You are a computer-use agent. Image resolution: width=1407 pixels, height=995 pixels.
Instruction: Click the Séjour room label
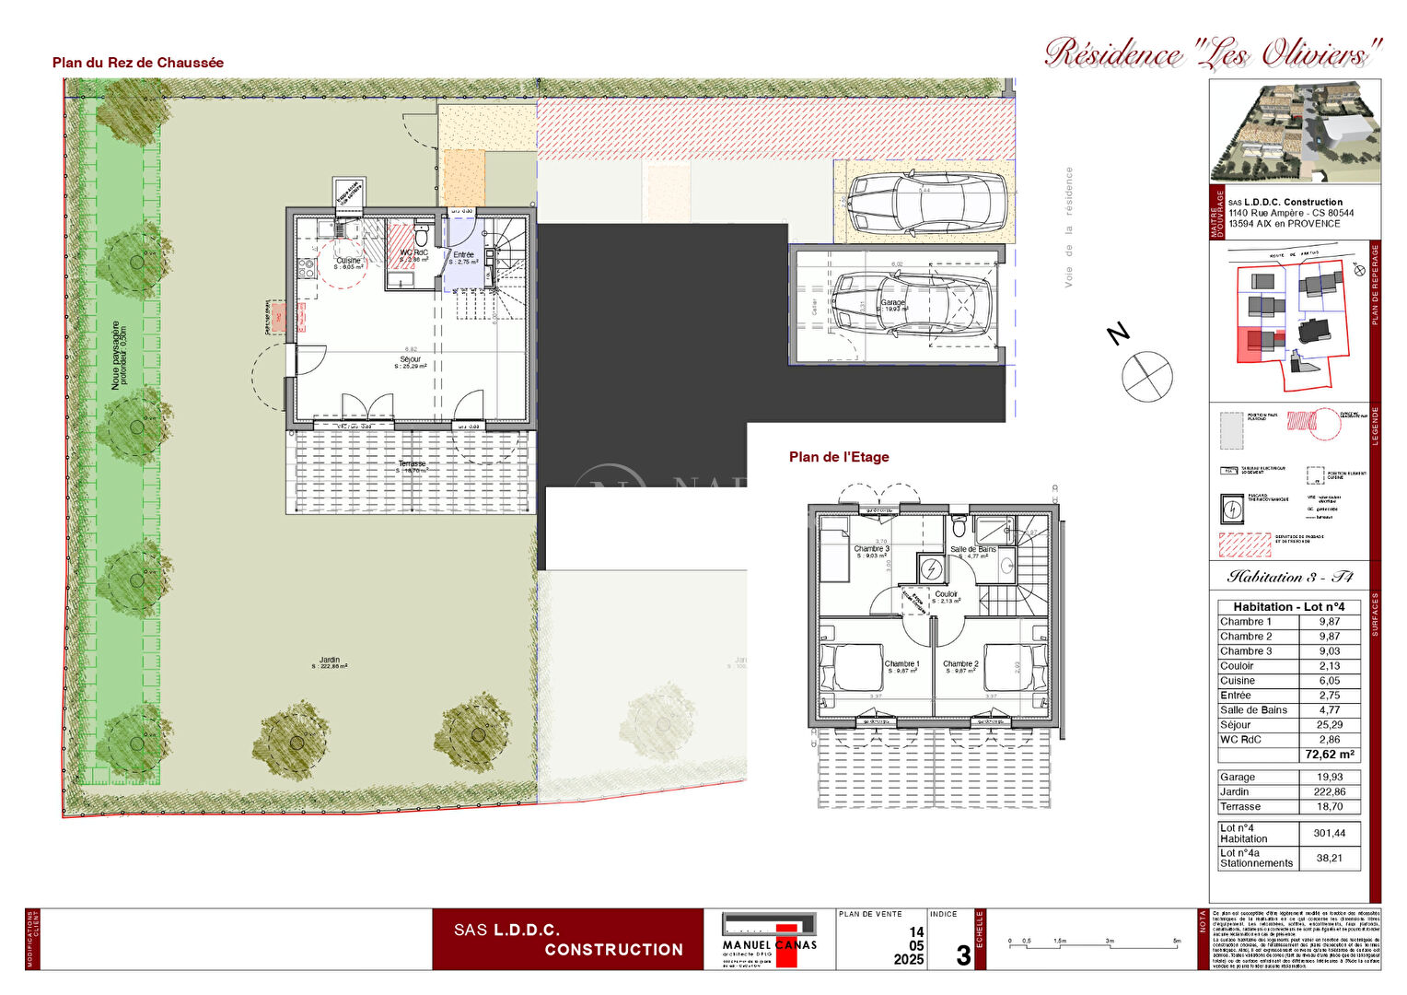411,360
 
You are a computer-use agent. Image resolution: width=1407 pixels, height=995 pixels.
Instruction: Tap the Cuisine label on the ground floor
348,262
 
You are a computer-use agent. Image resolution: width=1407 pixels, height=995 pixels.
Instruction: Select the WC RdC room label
413,253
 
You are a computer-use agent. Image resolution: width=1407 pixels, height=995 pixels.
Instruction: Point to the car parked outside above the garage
925,204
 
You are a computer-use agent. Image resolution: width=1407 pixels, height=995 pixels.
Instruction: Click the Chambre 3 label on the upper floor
871,550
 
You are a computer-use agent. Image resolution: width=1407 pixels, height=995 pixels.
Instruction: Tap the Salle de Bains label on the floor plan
973,550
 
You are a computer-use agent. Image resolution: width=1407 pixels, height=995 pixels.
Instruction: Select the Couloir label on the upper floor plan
947,595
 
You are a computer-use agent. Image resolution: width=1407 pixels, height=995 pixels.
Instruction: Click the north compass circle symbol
1147,376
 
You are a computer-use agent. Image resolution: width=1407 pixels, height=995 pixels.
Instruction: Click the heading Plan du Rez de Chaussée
138,63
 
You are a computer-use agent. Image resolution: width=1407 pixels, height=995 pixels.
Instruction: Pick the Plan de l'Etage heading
839,457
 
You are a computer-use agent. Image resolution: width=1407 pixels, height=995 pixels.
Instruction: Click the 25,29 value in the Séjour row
1329,725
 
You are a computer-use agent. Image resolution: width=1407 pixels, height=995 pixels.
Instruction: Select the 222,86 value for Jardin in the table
1329,792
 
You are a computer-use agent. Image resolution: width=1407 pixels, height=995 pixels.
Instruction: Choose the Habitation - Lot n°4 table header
1289,607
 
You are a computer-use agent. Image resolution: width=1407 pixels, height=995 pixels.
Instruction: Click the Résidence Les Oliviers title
1214,53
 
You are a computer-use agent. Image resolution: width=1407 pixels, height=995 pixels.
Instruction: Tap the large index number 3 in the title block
962,955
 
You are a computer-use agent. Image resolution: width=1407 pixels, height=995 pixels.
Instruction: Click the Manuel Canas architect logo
769,940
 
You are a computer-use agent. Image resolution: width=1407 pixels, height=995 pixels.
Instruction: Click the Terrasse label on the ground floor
412,464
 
